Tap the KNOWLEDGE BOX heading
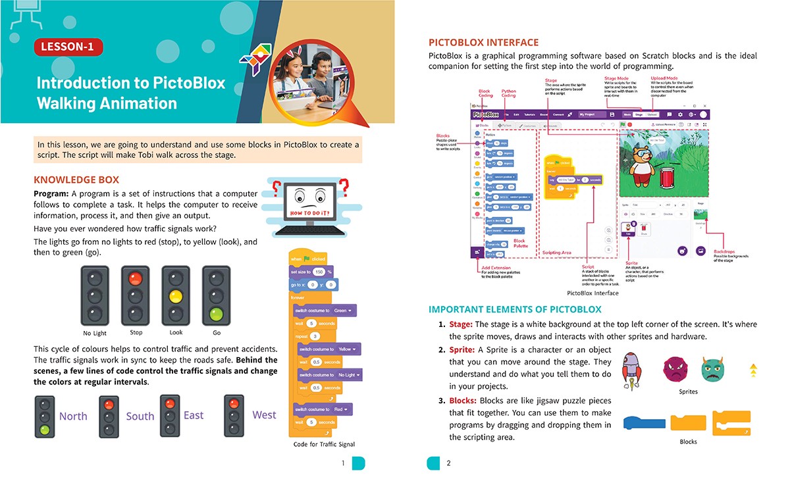pyautogui.click(x=76, y=180)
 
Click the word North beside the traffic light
pyautogui.click(x=73, y=416)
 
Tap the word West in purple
pyautogui.click(x=264, y=415)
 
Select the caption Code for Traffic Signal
pyautogui.click(x=324, y=444)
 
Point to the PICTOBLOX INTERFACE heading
pyautogui.click(x=483, y=43)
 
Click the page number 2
pyautogui.click(x=448, y=463)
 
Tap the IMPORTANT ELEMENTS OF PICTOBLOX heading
pyautogui.click(x=515, y=309)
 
